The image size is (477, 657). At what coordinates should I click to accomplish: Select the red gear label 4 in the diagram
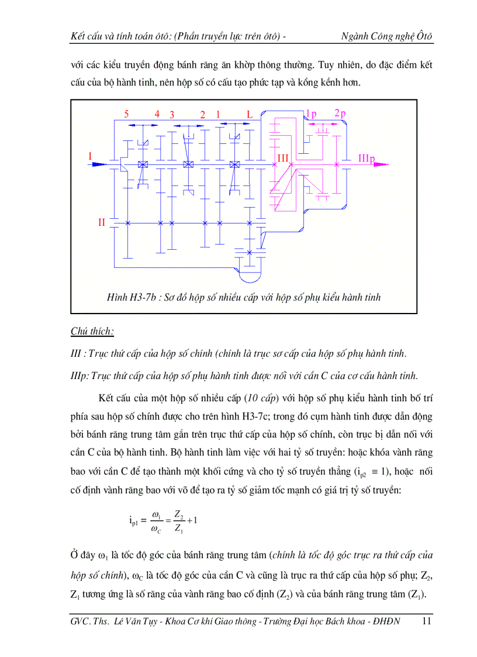[x=157, y=115]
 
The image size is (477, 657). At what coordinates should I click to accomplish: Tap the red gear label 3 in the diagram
[x=172, y=115]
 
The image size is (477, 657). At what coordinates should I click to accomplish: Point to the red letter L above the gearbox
[x=250, y=115]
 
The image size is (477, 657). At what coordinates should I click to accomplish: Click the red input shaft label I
[x=90, y=156]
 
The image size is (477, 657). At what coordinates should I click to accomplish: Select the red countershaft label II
[x=102, y=222]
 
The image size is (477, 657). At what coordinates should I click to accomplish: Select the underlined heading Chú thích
[x=92, y=332]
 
